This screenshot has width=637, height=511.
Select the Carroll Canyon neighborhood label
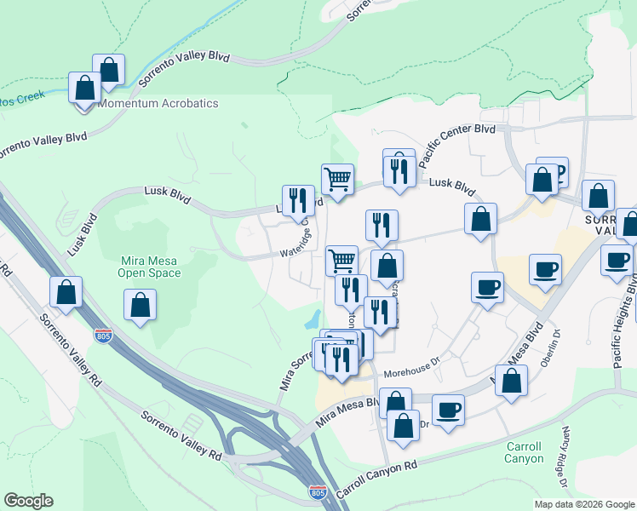pyautogui.click(x=524, y=452)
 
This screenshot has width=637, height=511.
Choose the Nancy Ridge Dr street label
pyautogui.click(x=565, y=468)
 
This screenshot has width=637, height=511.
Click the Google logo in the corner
pyautogui.click(x=28, y=501)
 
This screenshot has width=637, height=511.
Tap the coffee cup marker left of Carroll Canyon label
pyautogui.click(x=448, y=411)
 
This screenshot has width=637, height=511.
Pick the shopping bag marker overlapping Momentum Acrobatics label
pyautogui.click(x=85, y=89)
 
